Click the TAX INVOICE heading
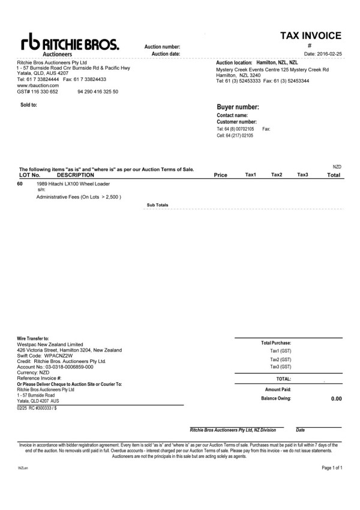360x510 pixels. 310,36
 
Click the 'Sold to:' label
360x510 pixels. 29,105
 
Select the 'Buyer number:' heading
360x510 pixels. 238,107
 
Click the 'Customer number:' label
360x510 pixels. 236,122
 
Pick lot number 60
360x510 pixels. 20,184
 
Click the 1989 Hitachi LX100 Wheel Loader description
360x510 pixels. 73,184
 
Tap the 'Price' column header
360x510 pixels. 220,175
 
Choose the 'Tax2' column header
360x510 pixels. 277,175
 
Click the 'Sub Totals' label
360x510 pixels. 158,205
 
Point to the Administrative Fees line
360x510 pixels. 79,197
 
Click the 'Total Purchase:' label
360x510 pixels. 277,343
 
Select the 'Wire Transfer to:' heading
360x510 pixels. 33,338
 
